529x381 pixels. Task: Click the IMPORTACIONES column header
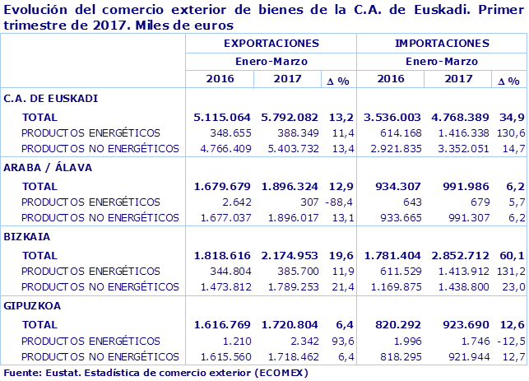tap(441, 43)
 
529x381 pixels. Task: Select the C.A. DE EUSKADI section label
tap(51, 98)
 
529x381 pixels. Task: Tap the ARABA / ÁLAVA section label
tap(48, 167)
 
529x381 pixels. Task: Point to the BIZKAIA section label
tap(27, 235)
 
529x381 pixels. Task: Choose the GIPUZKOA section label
tap(32, 304)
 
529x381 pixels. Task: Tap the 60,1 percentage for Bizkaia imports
tap(512, 254)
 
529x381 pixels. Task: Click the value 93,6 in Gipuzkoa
tap(342, 339)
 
